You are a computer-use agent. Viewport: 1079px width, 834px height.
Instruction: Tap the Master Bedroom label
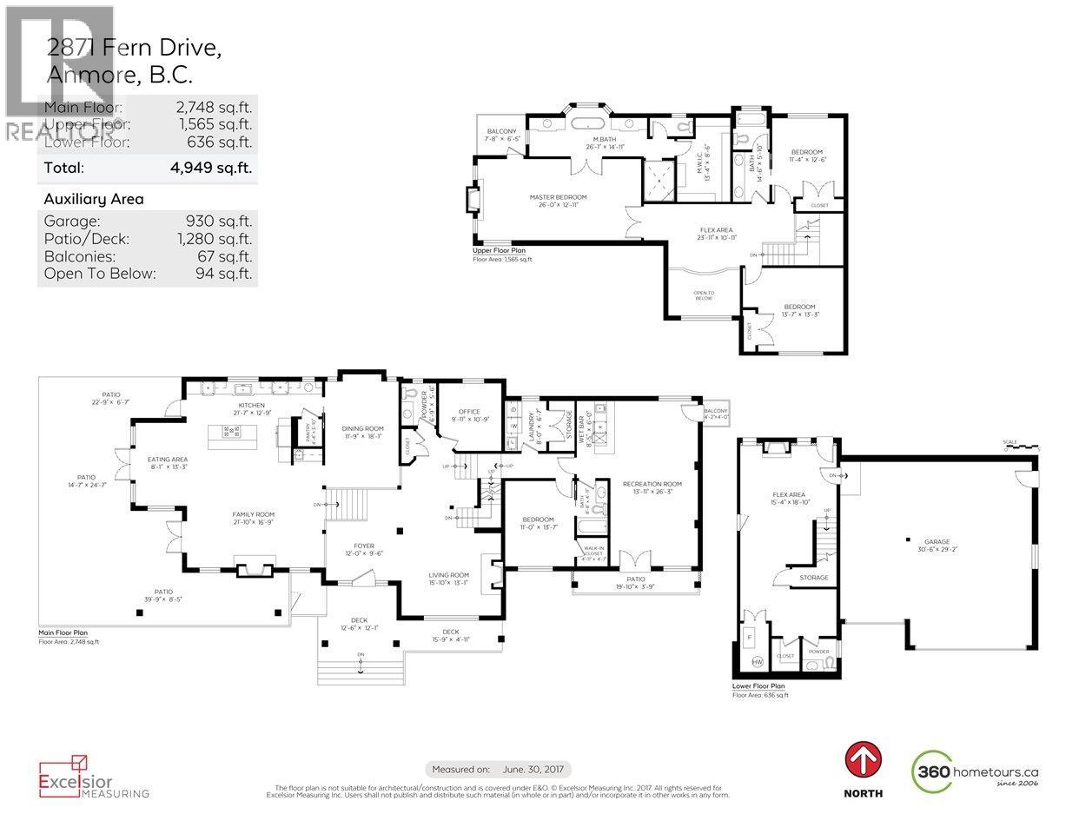(558, 197)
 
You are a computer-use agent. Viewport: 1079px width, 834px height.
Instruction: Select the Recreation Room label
(652, 484)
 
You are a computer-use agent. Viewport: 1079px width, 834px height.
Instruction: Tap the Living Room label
(448, 575)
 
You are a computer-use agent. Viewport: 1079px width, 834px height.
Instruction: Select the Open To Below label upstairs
(704, 293)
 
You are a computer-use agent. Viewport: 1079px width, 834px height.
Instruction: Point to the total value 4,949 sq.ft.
(222, 168)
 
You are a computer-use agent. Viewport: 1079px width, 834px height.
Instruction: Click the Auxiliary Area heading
(94, 199)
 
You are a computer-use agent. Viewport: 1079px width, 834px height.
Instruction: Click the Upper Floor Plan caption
(499, 250)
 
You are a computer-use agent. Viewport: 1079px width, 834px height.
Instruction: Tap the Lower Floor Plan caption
(758, 686)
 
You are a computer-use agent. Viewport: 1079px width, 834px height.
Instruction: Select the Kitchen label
(251, 406)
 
